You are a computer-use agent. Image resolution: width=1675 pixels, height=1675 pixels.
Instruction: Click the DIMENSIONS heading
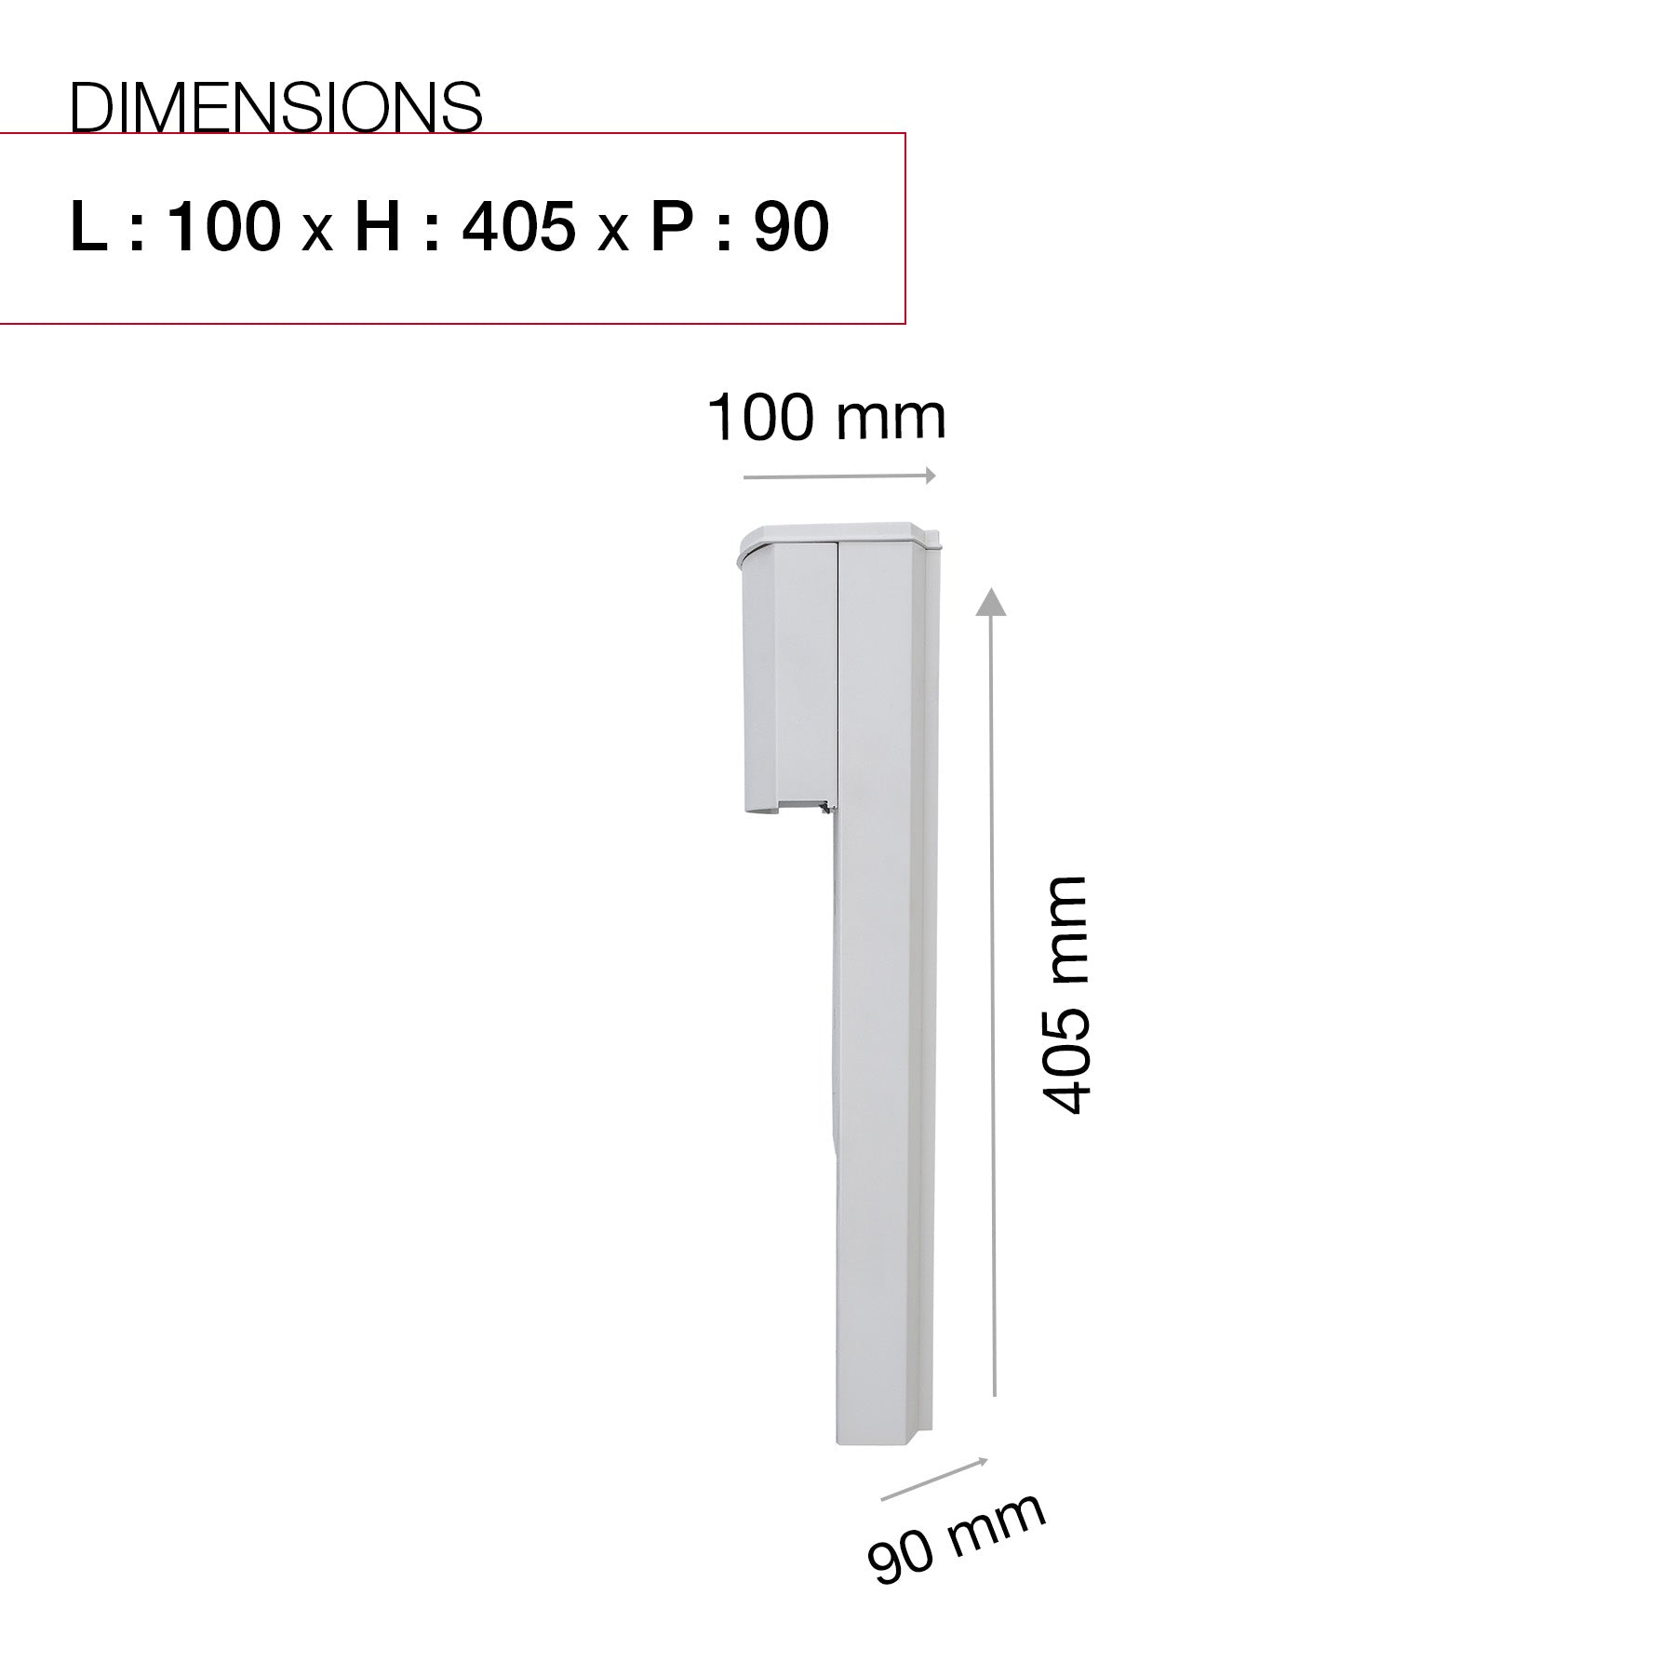(x=276, y=107)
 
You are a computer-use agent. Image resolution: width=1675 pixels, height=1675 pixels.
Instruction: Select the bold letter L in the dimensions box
(x=89, y=226)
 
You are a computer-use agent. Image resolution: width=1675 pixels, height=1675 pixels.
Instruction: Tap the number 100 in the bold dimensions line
(x=223, y=226)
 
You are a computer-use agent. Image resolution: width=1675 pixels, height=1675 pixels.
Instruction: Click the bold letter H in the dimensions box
(x=379, y=226)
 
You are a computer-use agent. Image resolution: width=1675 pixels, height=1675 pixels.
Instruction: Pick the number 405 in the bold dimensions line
(x=518, y=226)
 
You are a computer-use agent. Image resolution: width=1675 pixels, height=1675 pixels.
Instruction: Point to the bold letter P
(x=671, y=226)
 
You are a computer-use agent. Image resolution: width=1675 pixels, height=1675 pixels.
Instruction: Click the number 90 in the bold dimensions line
(x=791, y=226)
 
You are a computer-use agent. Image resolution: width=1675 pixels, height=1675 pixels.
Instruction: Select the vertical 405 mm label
(x=1064, y=994)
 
